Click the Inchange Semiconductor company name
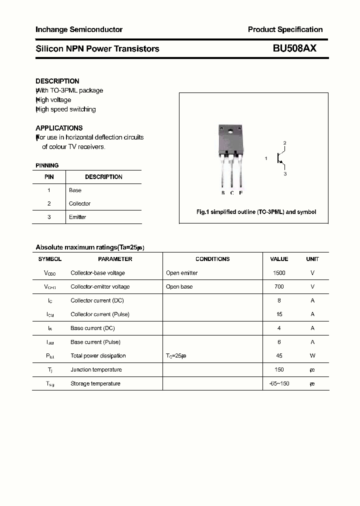[79, 29]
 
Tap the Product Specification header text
[285, 29]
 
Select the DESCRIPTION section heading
[57, 81]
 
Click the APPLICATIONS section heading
[59, 128]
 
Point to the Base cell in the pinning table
[75, 190]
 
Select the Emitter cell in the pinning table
[77, 217]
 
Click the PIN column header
[49, 177]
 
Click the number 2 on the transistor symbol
[284, 143]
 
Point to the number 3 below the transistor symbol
[285, 174]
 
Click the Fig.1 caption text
[255, 212]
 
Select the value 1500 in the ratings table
[279, 273]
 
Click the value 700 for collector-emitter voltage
[279, 287]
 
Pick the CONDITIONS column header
[212, 259]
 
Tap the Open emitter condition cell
[181, 273]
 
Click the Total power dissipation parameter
[98, 356]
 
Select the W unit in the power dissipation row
[312, 356]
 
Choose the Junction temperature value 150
[279, 370]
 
